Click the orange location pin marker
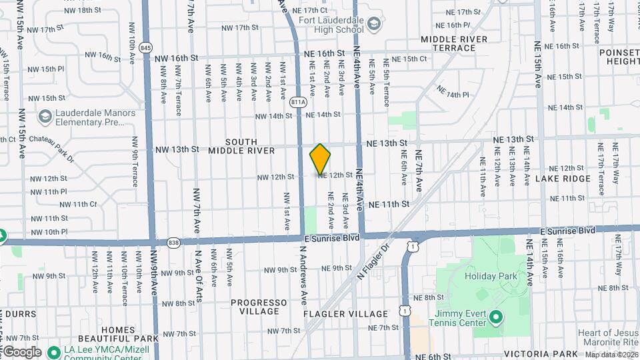tap(320, 159)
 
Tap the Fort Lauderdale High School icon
tap(375, 25)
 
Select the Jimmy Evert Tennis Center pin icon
tap(495, 317)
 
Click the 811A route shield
tap(299, 102)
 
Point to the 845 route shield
tap(147, 48)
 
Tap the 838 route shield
tap(174, 241)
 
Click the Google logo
tap(21, 351)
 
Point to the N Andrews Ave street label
tap(303, 275)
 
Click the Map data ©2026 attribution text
tap(611, 355)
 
